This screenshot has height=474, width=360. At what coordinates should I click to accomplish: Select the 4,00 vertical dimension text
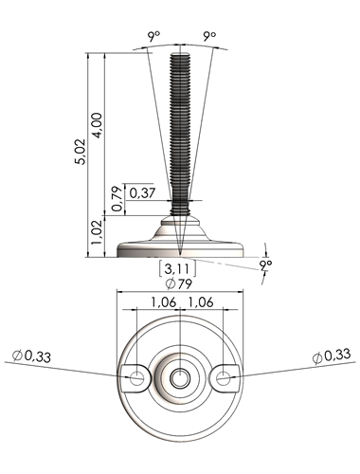(98, 125)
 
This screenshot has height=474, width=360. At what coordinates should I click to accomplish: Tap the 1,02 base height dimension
(97, 232)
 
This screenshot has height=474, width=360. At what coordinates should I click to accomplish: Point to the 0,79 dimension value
(117, 199)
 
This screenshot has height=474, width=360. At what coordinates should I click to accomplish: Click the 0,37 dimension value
(142, 192)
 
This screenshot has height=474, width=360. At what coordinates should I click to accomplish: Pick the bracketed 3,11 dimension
(177, 269)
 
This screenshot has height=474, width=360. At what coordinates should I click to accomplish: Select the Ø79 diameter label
(179, 283)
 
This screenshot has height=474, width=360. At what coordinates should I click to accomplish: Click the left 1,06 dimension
(164, 302)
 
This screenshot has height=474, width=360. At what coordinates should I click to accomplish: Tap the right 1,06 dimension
(201, 302)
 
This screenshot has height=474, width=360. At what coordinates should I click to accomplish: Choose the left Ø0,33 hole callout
(31, 356)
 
